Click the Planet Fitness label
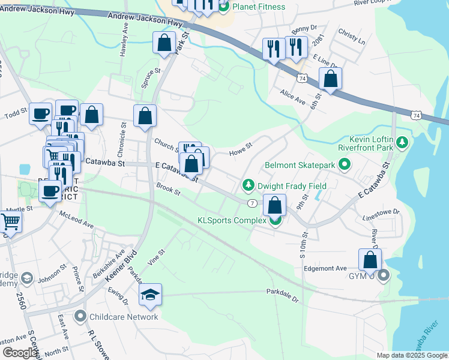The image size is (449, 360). (x=259, y=7)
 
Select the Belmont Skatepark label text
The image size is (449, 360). (x=301, y=164)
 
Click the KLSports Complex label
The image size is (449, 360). (x=232, y=220)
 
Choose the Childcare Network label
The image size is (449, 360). (x=124, y=316)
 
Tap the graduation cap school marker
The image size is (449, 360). (x=149, y=294)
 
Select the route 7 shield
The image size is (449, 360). (x=252, y=203)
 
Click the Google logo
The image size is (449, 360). (x=19, y=353)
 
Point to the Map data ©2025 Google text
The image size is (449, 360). (x=412, y=355)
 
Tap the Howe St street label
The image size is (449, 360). (x=240, y=148)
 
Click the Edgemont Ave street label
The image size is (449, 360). (x=325, y=268)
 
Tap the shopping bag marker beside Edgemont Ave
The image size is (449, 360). (x=370, y=260)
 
